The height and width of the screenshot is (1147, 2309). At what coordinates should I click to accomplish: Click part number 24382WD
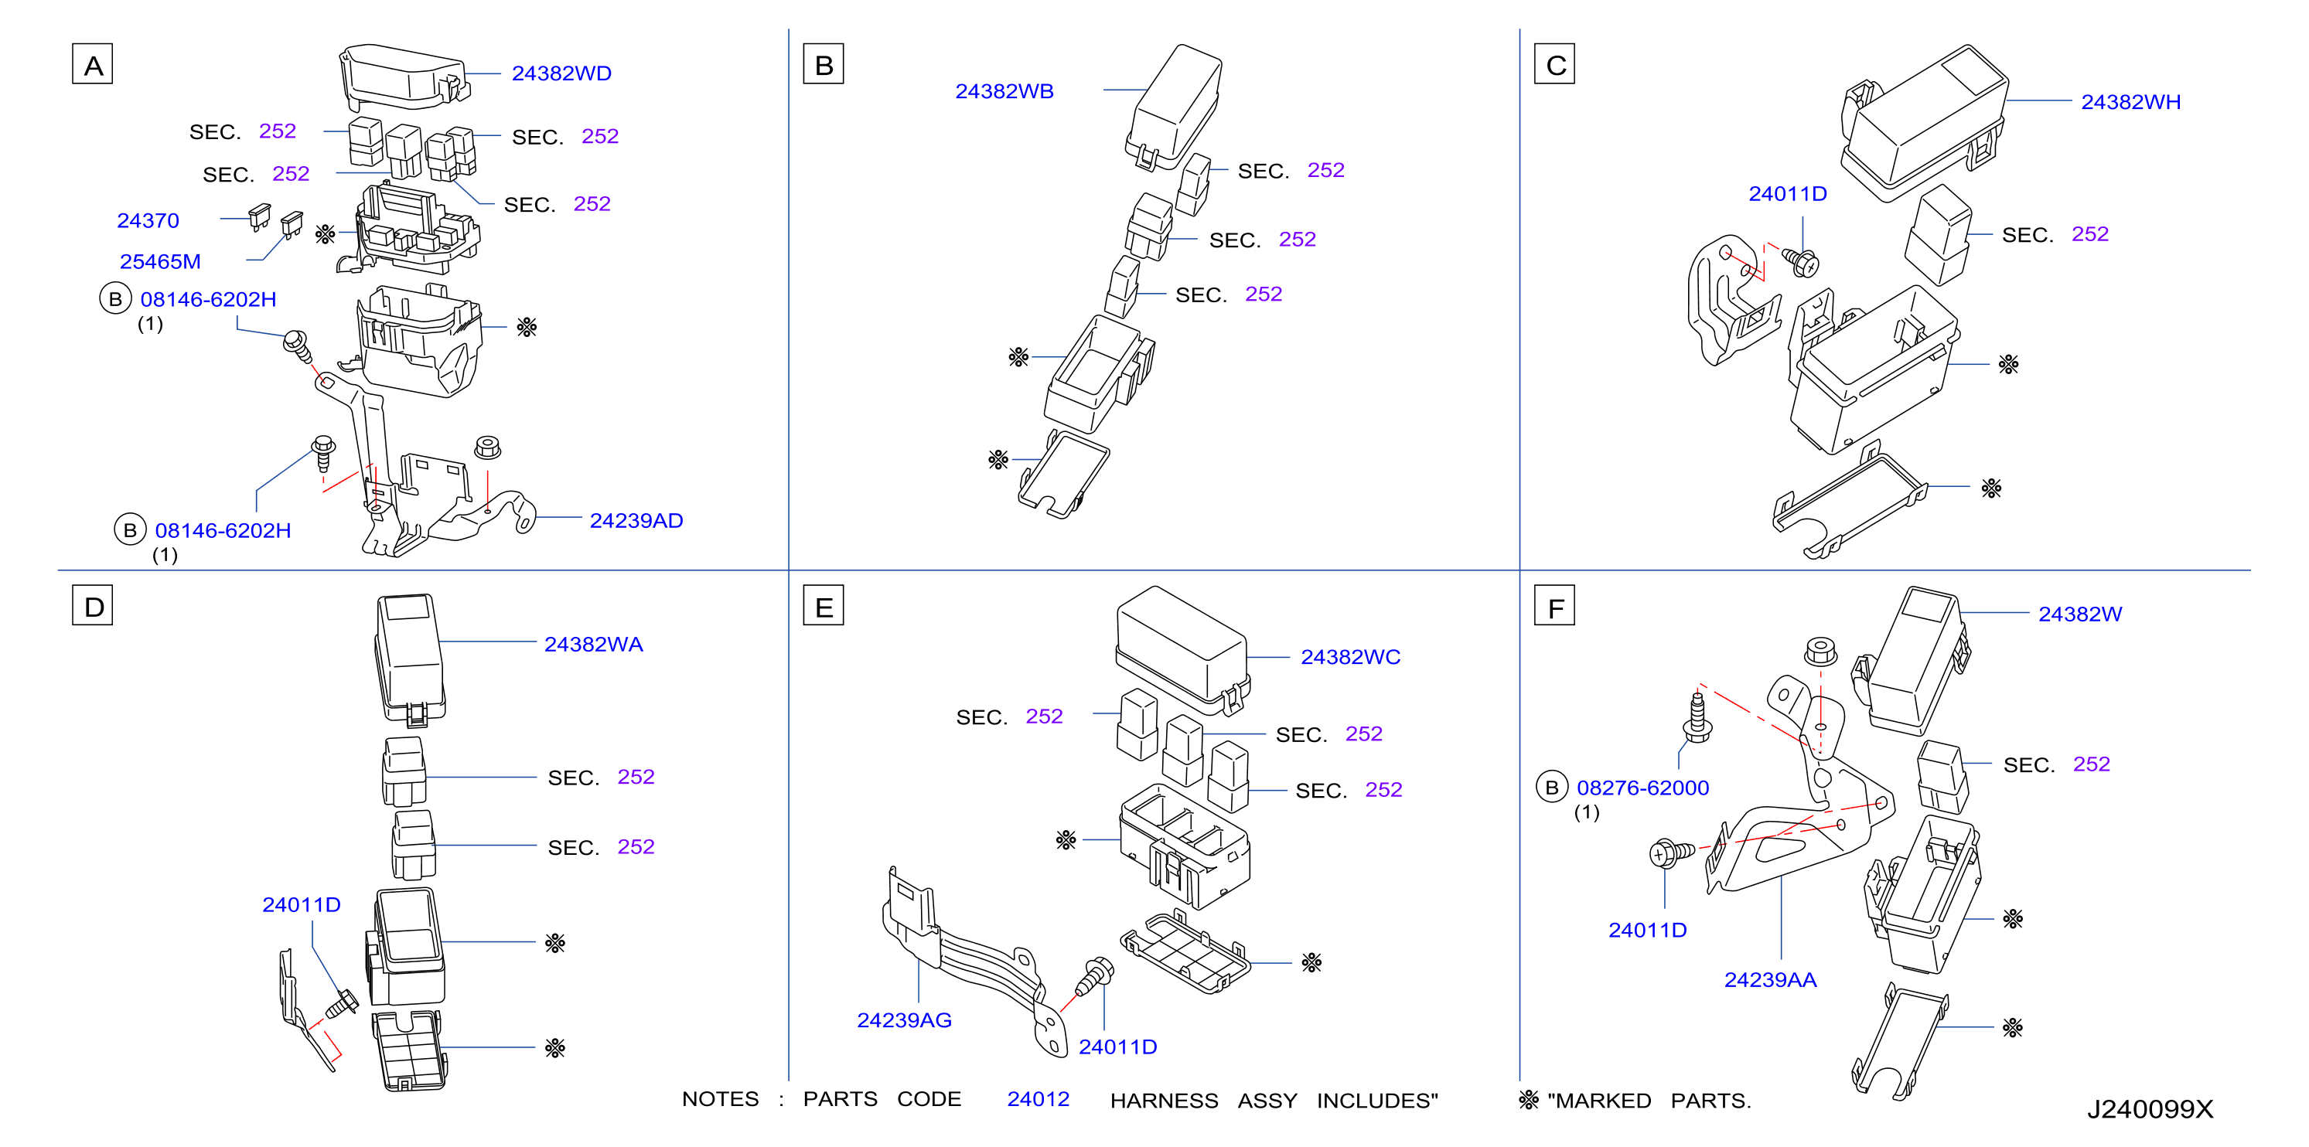(x=561, y=73)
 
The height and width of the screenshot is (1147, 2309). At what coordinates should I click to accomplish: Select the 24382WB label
(x=1004, y=91)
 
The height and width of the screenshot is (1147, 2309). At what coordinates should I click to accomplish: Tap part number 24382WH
(x=2130, y=102)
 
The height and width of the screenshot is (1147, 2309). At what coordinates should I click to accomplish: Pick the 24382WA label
(x=593, y=645)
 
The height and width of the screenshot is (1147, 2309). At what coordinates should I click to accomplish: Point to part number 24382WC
(x=1350, y=657)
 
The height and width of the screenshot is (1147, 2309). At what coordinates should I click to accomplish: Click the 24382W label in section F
(x=2079, y=614)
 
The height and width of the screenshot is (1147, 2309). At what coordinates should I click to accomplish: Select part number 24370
(x=148, y=220)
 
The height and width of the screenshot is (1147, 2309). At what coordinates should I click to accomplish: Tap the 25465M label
(x=159, y=262)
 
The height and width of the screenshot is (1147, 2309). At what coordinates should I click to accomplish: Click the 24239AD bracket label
(x=636, y=521)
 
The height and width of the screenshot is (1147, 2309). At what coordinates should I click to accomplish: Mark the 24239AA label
(x=1769, y=980)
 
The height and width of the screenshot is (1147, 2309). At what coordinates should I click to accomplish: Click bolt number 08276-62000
(x=1642, y=788)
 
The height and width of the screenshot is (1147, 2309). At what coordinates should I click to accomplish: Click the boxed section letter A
(x=92, y=64)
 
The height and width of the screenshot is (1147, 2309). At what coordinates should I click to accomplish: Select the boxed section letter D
(x=92, y=606)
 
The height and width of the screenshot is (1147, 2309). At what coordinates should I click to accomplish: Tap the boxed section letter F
(x=1554, y=606)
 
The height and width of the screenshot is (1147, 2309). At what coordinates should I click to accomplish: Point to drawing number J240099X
(x=2150, y=1109)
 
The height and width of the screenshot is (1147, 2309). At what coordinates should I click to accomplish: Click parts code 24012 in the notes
(x=1038, y=1100)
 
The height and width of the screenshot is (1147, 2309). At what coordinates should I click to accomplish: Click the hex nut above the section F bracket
(x=1820, y=651)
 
